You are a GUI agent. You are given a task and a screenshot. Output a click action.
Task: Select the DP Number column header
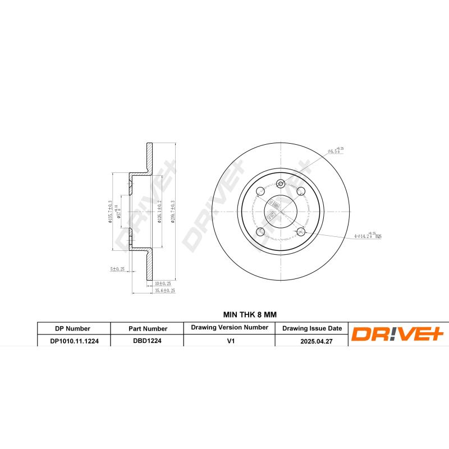coord(73,328)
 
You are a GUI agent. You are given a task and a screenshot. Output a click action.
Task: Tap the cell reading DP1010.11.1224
coord(73,340)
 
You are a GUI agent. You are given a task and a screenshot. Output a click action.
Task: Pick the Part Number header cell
coord(147,328)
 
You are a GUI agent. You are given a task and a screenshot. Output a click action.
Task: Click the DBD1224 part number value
coord(147,340)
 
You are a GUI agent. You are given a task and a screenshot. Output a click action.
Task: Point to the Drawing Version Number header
coord(230,327)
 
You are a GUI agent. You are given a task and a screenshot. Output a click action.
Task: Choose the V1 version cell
coord(230,340)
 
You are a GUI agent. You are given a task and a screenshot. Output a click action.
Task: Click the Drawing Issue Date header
coord(311,328)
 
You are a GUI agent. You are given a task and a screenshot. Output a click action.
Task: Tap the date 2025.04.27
coord(311,340)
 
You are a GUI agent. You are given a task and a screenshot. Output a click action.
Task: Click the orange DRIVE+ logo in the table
coord(397,335)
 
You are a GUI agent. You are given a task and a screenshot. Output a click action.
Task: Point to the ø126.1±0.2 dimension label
coord(160,212)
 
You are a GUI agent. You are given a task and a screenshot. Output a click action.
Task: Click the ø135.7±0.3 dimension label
coord(111,212)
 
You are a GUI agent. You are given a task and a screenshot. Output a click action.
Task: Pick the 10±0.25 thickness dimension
coord(163,284)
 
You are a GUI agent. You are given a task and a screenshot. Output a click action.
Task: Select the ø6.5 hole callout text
coord(335,151)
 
